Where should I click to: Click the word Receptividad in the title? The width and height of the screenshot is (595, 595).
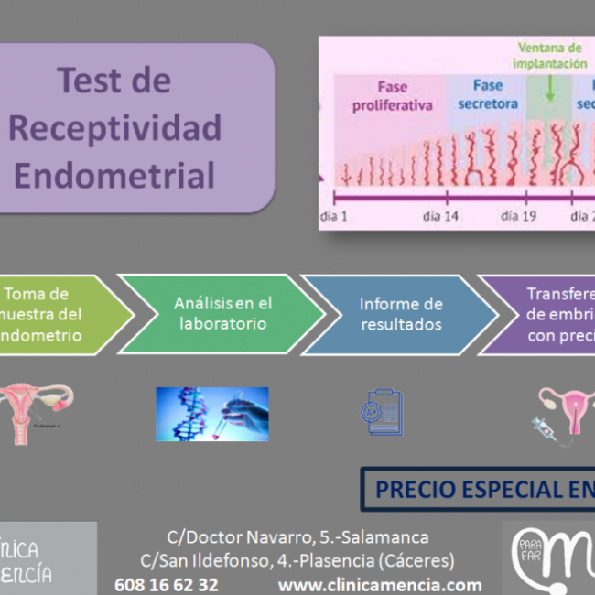click(x=115, y=127)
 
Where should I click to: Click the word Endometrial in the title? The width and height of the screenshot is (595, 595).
click(x=115, y=174)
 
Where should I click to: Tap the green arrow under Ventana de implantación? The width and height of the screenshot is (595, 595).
click(x=549, y=87)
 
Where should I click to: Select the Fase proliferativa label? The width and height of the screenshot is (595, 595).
click(x=392, y=96)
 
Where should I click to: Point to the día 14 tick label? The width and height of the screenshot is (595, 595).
click(x=440, y=216)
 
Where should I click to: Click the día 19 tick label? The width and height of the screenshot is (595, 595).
click(x=518, y=216)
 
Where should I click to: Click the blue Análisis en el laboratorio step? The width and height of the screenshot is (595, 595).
click(x=222, y=313)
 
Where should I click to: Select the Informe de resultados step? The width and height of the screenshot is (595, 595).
click(x=401, y=313)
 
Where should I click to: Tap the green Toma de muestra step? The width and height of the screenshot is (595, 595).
click(x=46, y=313)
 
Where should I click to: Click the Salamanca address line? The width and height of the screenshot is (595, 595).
click(x=297, y=537)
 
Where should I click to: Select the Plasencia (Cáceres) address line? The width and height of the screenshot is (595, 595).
click(x=297, y=560)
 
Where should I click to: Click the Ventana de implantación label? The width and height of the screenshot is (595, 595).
click(x=549, y=56)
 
